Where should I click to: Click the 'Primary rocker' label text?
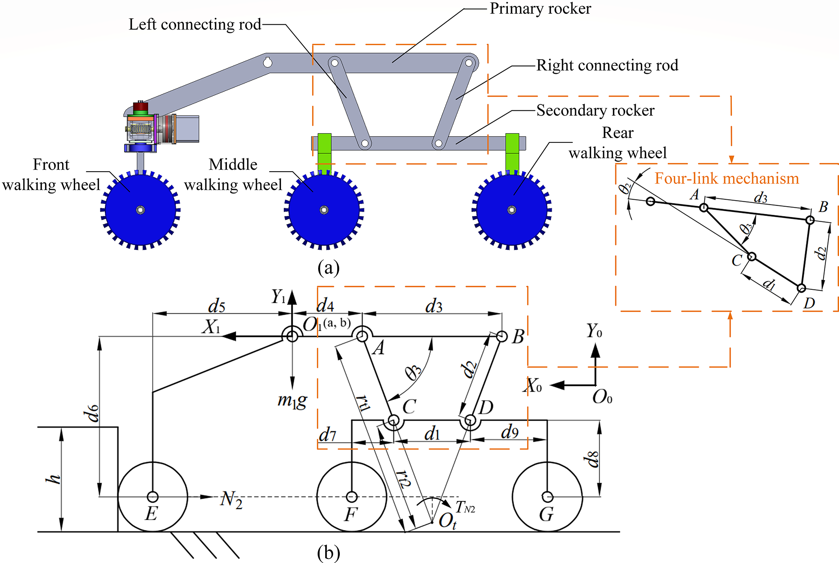click(x=540, y=9)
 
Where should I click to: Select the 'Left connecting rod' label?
click(x=195, y=24)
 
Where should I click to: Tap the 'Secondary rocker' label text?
click(x=595, y=110)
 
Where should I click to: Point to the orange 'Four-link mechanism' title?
click(x=727, y=179)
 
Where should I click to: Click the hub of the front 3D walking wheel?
click(x=140, y=210)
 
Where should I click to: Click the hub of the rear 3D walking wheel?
click(x=512, y=210)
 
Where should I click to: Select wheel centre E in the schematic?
click(x=153, y=496)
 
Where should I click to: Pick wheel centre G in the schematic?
click(x=548, y=496)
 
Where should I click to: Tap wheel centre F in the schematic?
click(x=352, y=496)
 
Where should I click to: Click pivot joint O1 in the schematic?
click(x=292, y=336)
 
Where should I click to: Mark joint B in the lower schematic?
click(x=502, y=337)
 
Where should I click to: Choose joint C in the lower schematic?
click(x=393, y=421)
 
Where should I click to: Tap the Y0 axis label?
click(x=594, y=331)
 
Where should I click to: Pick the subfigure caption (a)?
click(x=328, y=267)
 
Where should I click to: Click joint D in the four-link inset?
click(x=801, y=288)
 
